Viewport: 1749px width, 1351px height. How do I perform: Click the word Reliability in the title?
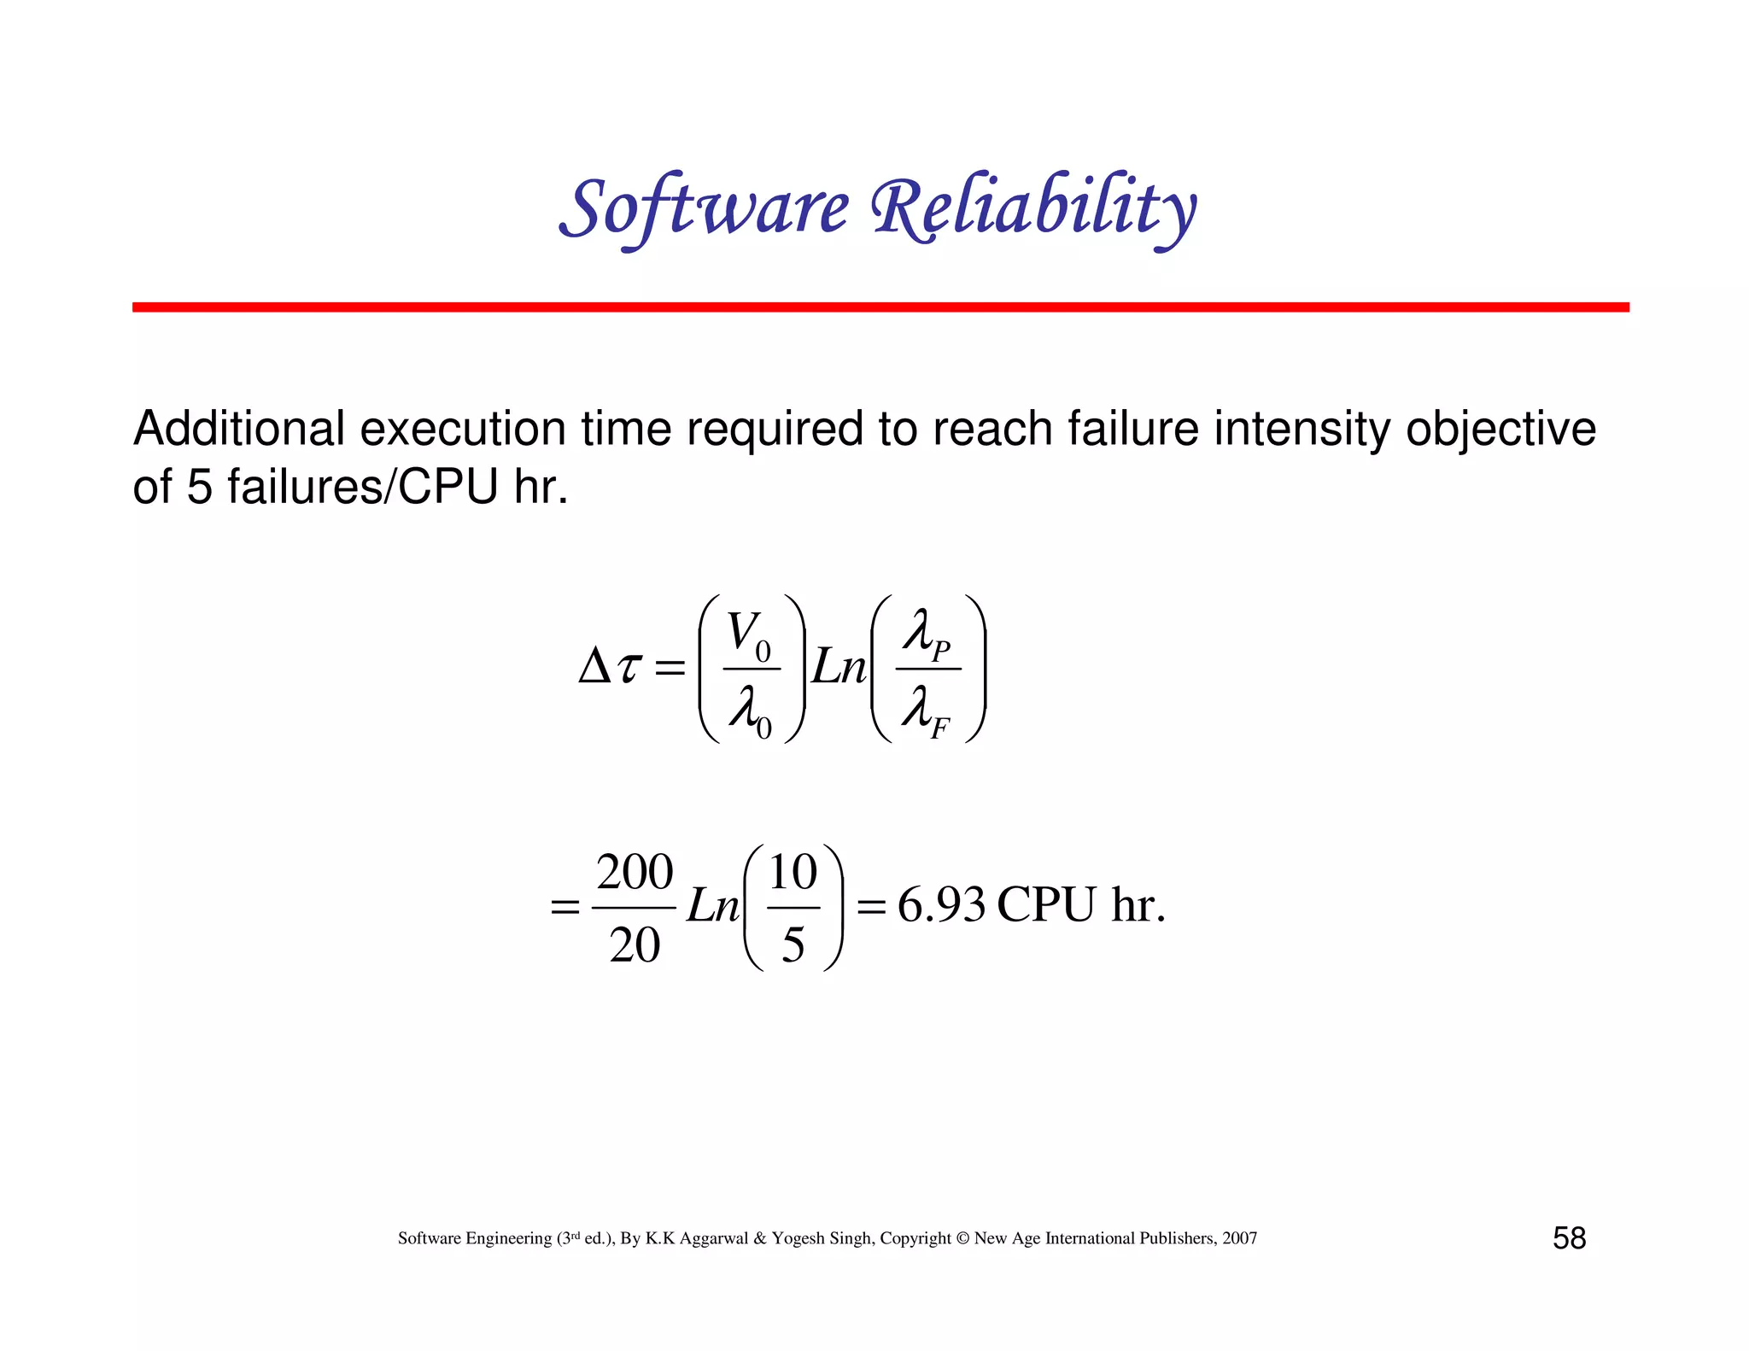(1033, 208)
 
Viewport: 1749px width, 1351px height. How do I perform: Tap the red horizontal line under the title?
(880, 307)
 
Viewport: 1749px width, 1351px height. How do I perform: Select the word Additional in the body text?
(239, 429)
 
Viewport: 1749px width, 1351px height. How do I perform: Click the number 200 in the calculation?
(635, 873)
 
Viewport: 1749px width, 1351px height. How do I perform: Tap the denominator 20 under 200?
(635, 945)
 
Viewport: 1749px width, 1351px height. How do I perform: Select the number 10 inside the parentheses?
(793, 873)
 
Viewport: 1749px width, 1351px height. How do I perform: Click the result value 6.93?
(941, 905)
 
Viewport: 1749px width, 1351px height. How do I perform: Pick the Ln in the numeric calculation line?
(712, 906)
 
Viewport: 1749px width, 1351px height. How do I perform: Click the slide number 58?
(1569, 1238)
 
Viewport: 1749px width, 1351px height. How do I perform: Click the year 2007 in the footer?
(1239, 1238)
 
